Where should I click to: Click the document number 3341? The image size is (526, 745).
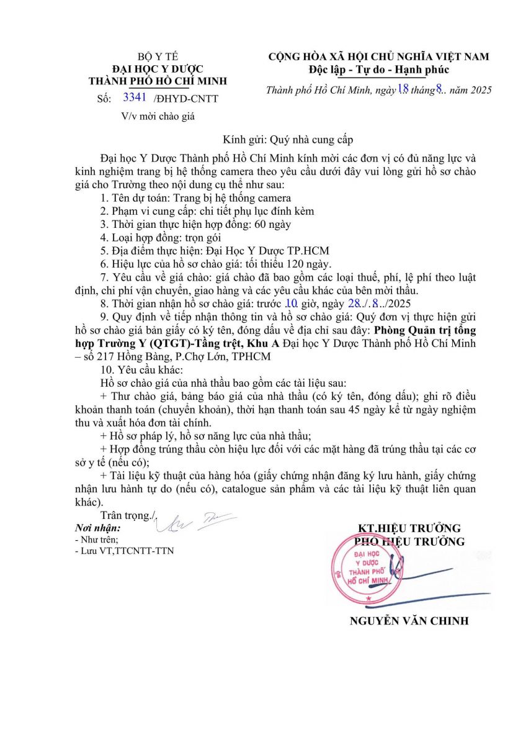coord(135,97)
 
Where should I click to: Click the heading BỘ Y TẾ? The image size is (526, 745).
coord(158,56)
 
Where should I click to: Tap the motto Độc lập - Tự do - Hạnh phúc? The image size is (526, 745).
coord(378,69)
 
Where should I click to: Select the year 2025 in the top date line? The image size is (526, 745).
coord(479,90)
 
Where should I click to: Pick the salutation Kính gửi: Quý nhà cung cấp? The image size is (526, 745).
coord(288,140)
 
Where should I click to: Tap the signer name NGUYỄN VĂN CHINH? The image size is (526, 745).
coord(409,621)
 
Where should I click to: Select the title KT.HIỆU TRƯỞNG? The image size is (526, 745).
coord(409,528)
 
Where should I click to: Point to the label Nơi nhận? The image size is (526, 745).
coord(97,528)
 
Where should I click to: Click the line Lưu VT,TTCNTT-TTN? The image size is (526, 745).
coord(127,550)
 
